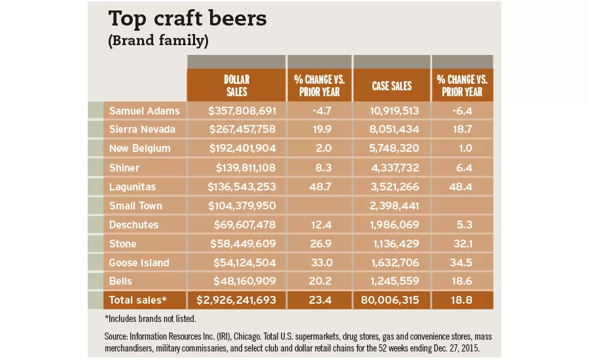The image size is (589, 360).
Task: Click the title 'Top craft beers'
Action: coord(187,19)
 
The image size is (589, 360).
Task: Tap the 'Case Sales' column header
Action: coord(391,86)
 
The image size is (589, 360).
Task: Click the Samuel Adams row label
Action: coord(143,111)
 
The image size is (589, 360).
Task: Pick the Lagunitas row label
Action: coord(133,187)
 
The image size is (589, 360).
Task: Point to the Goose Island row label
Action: coord(139,262)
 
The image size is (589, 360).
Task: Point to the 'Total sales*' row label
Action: coord(138,300)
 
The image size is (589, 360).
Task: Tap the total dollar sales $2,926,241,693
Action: coord(236,300)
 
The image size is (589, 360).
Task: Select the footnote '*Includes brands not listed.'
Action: coord(150,319)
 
